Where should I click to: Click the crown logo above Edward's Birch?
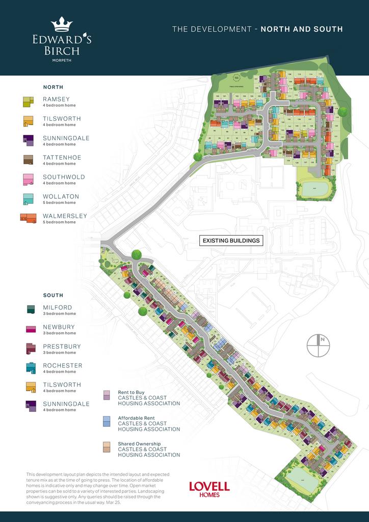tap(62, 24)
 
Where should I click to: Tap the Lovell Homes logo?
tap(209, 489)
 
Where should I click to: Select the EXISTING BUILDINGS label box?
tap(231, 241)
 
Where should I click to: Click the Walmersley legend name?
tap(65, 216)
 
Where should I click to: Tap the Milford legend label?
tap(58, 307)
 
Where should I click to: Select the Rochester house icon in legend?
tap(30, 368)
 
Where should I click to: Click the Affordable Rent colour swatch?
tap(107, 421)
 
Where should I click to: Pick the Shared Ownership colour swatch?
tap(107, 447)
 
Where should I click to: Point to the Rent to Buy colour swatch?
tap(107, 395)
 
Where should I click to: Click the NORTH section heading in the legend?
tap(53, 87)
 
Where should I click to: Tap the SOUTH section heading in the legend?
tap(53, 295)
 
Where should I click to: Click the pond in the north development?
tap(316, 189)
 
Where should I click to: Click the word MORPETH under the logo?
tap(61, 60)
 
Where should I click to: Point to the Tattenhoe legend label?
tap(62, 158)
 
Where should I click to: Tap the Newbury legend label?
tap(59, 327)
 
